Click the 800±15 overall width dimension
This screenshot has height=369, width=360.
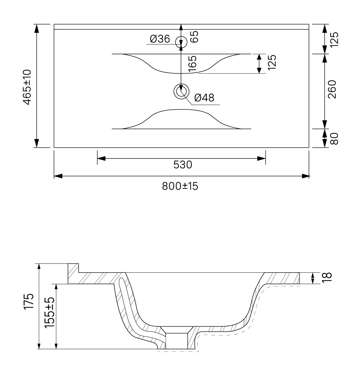pos(180,186)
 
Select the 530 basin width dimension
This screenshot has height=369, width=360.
pos(183,165)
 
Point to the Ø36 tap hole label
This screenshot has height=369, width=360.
pos(160,39)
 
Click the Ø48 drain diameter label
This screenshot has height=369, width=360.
pos(204,98)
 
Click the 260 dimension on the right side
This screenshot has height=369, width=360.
pos(332,89)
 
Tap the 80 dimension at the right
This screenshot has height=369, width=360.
pos(334,139)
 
